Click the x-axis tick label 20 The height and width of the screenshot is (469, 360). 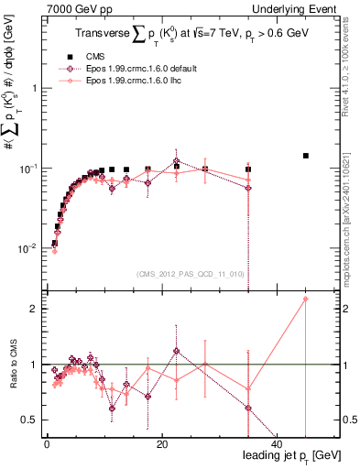[161, 444]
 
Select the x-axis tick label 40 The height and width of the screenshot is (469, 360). [277, 444]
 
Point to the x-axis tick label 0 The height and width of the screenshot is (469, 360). [47, 444]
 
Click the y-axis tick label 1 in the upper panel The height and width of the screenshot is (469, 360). [33, 88]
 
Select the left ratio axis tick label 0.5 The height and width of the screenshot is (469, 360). [29, 420]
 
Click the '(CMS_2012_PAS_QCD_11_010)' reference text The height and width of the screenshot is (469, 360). [188, 273]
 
